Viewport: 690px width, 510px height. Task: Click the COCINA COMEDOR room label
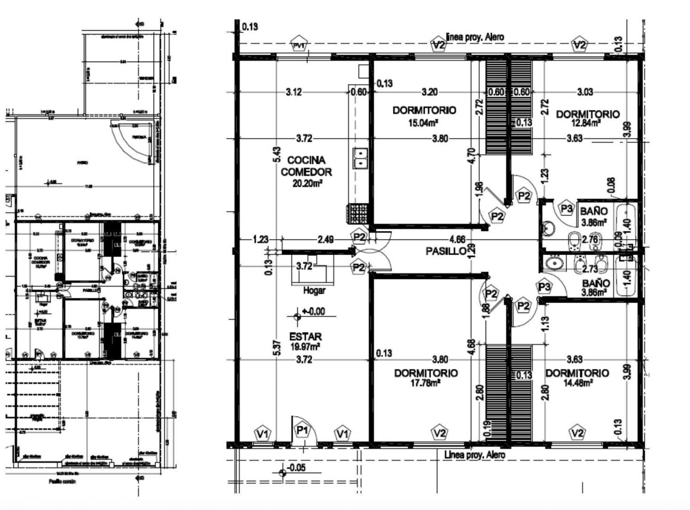pyautogui.click(x=306, y=166)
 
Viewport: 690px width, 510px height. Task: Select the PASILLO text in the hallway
pyautogui.click(x=446, y=251)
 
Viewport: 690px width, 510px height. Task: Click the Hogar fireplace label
pyautogui.click(x=314, y=290)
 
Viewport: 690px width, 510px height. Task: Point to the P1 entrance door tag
pyautogui.click(x=302, y=430)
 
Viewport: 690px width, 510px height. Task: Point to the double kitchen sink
pyautogui.click(x=360, y=158)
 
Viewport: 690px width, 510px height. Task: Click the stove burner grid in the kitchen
pyautogui.click(x=357, y=214)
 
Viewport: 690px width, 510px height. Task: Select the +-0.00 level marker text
pyautogui.click(x=314, y=312)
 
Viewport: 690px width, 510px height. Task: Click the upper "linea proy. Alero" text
pyautogui.click(x=475, y=37)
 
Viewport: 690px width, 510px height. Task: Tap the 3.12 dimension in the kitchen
pyautogui.click(x=294, y=92)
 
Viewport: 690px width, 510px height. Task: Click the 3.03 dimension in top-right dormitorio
pyautogui.click(x=585, y=92)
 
